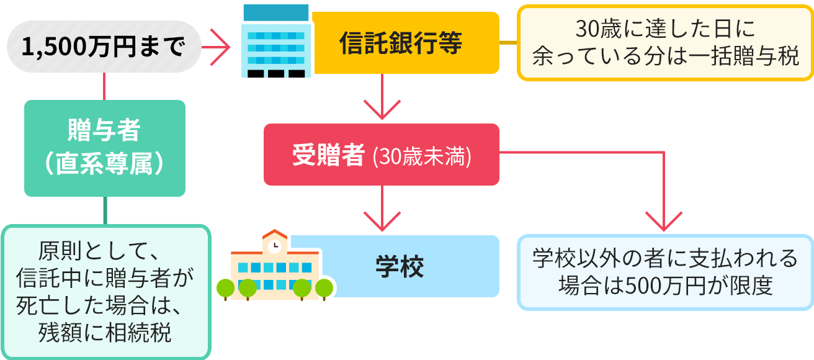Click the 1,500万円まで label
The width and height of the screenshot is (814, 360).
point(103,47)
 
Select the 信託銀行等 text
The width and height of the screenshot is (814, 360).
point(401,43)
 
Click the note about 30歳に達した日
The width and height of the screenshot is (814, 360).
point(665,43)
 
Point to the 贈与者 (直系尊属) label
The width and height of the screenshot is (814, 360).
point(104,148)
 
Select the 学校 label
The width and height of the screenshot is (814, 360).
point(400,266)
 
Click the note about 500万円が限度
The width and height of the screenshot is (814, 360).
point(665,272)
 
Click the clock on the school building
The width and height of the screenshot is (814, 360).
point(274,246)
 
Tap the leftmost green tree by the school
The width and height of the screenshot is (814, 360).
point(225,288)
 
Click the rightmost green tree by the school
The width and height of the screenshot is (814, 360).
point(323,288)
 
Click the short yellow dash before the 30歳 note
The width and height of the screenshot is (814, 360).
point(508,42)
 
